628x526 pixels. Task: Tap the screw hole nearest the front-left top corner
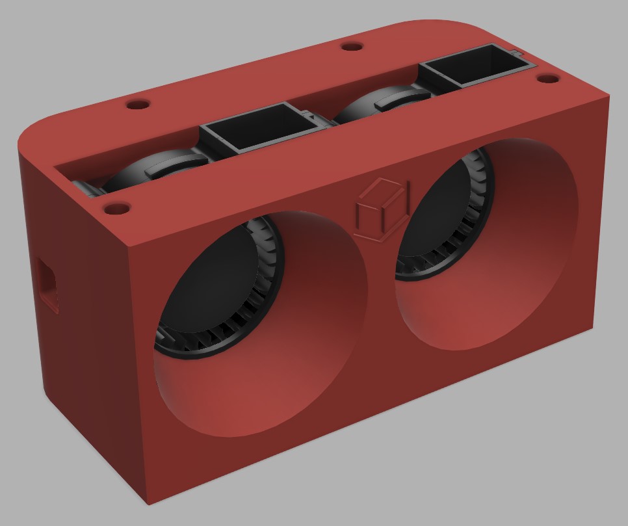[x=117, y=209]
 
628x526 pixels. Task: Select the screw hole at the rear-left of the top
[x=138, y=104]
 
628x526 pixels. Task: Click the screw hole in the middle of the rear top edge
[x=352, y=47]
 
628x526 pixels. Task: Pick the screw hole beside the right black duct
[x=548, y=79]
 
